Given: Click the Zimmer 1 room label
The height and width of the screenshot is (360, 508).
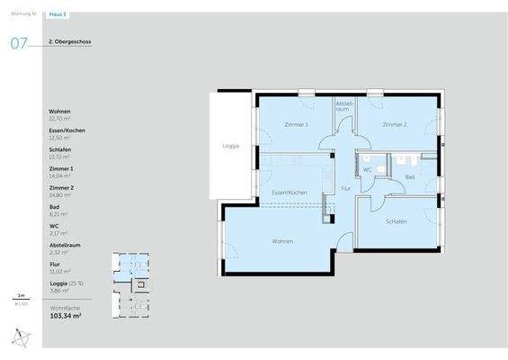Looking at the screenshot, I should coord(296,124).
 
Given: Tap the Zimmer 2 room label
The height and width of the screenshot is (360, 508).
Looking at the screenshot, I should coord(394,124).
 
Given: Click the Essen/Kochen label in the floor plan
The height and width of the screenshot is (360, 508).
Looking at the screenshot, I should coord(290,193).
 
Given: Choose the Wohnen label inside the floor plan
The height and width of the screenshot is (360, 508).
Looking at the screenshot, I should coord(284,240).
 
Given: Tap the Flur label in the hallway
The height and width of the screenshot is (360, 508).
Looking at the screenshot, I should coord(346,188).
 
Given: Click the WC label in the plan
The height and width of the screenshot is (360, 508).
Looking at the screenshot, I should coord(368,168).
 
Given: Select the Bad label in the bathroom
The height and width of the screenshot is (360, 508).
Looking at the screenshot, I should coord(410,177).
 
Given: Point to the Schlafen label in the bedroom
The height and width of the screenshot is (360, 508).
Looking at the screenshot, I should coord(397,220).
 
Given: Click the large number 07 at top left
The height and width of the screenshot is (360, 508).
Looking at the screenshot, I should coord(18,43).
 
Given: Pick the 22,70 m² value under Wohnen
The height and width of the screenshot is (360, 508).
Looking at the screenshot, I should coord(60,118).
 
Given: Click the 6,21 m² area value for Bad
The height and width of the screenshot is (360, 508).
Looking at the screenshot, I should coord(58,214).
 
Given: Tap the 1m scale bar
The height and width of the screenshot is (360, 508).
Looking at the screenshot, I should coord(20,298).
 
